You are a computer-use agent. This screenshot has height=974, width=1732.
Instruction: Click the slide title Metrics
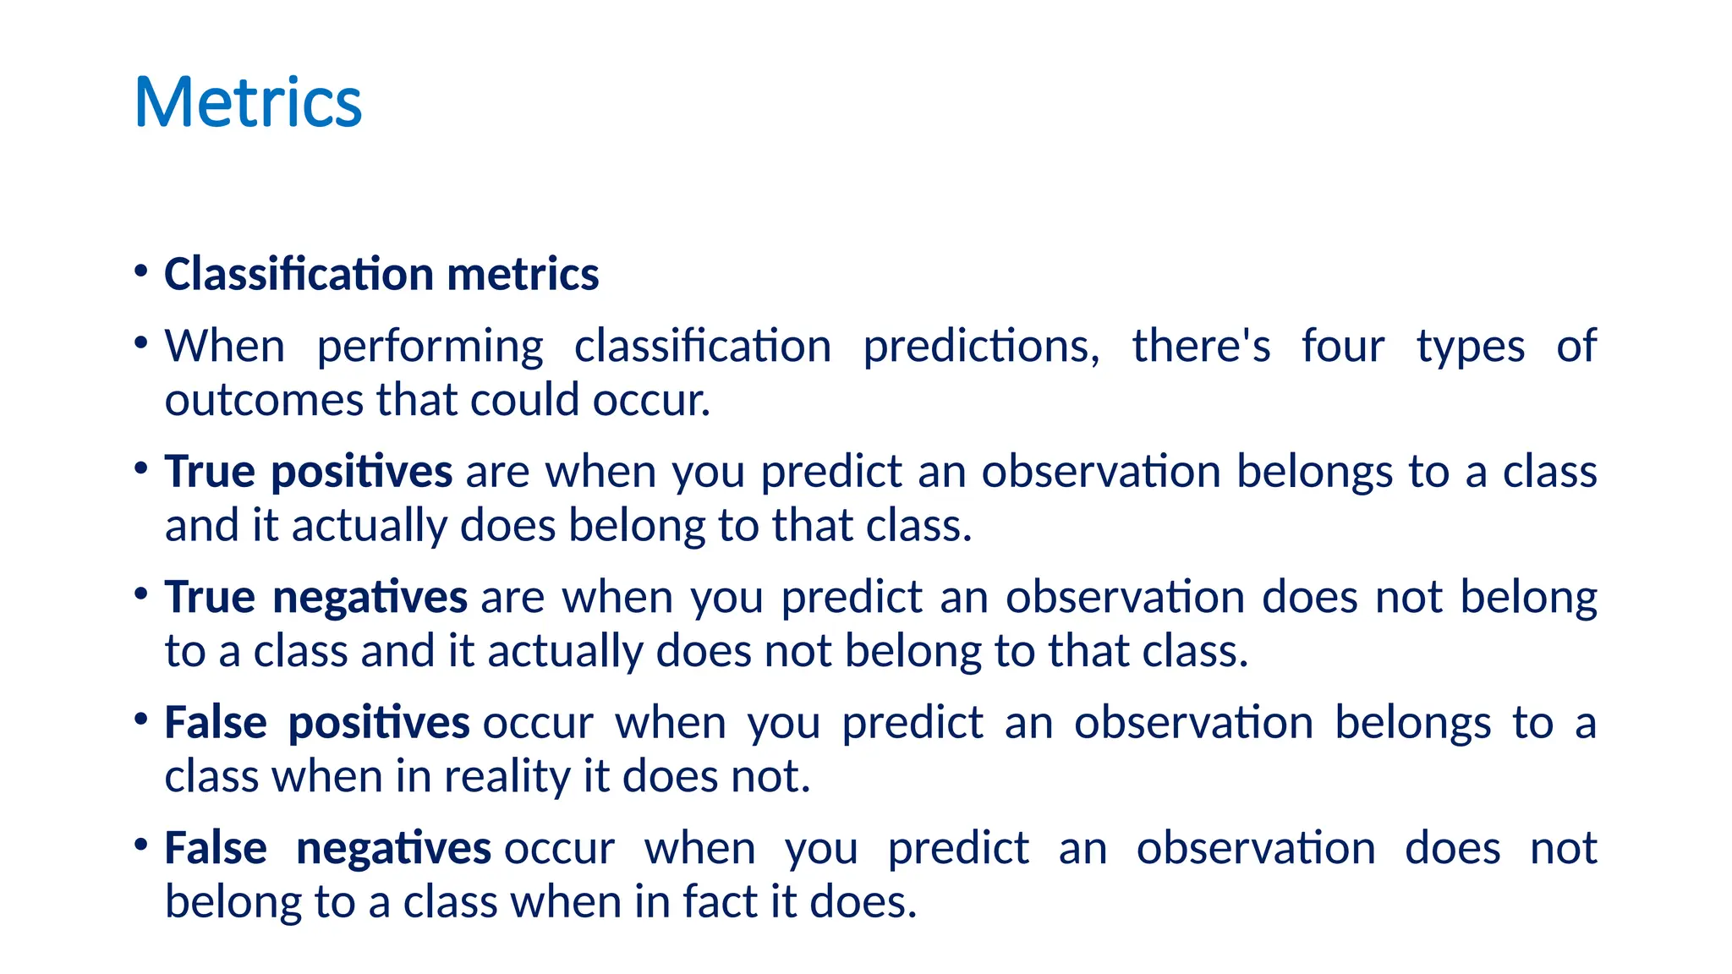(x=248, y=102)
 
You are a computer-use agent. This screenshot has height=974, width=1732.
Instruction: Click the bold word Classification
(x=299, y=275)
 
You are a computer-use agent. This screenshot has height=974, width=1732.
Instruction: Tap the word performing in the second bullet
(x=430, y=347)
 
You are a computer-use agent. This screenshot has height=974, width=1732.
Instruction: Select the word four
(x=1342, y=346)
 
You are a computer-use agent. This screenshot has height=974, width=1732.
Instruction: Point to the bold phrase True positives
(x=308, y=472)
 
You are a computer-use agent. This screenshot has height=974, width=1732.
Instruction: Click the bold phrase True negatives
(x=315, y=597)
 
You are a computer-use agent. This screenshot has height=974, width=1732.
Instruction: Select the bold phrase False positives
(x=316, y=723)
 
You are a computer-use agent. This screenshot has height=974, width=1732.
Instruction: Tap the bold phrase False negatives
(x=327, y=848)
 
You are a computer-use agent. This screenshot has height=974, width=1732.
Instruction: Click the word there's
(x=1201, y=346)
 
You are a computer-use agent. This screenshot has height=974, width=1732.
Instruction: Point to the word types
(x=1471, y=347)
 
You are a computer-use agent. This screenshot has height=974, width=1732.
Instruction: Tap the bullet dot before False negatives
(x=141, y=845)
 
